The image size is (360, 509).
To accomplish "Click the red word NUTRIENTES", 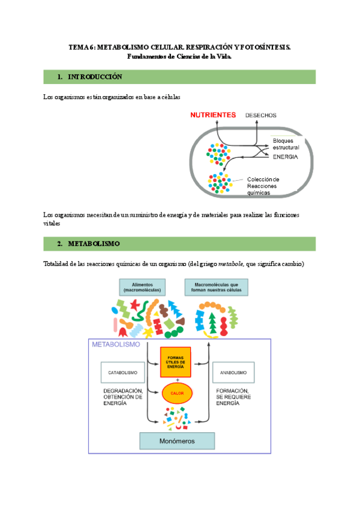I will (x=214, y=114).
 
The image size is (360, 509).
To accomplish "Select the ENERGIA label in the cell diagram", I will (x=285, y=157).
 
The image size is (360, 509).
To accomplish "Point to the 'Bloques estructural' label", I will (x=286, y=144).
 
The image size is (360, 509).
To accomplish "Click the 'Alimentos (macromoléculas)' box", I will (x=142, y=287).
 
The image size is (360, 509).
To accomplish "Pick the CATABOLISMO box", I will (x=122, y=372).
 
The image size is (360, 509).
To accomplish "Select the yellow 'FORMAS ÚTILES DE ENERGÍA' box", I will (x=175, y=362).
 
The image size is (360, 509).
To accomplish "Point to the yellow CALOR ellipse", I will (x=176, y=393).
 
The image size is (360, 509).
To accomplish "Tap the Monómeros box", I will (x=176, y=441).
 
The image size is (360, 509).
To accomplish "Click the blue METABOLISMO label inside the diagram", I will (x=116, y=345).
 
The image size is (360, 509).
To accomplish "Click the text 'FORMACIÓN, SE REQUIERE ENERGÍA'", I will (x=233, y=397).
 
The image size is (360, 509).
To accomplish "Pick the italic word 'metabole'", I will (x=231, y=264).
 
